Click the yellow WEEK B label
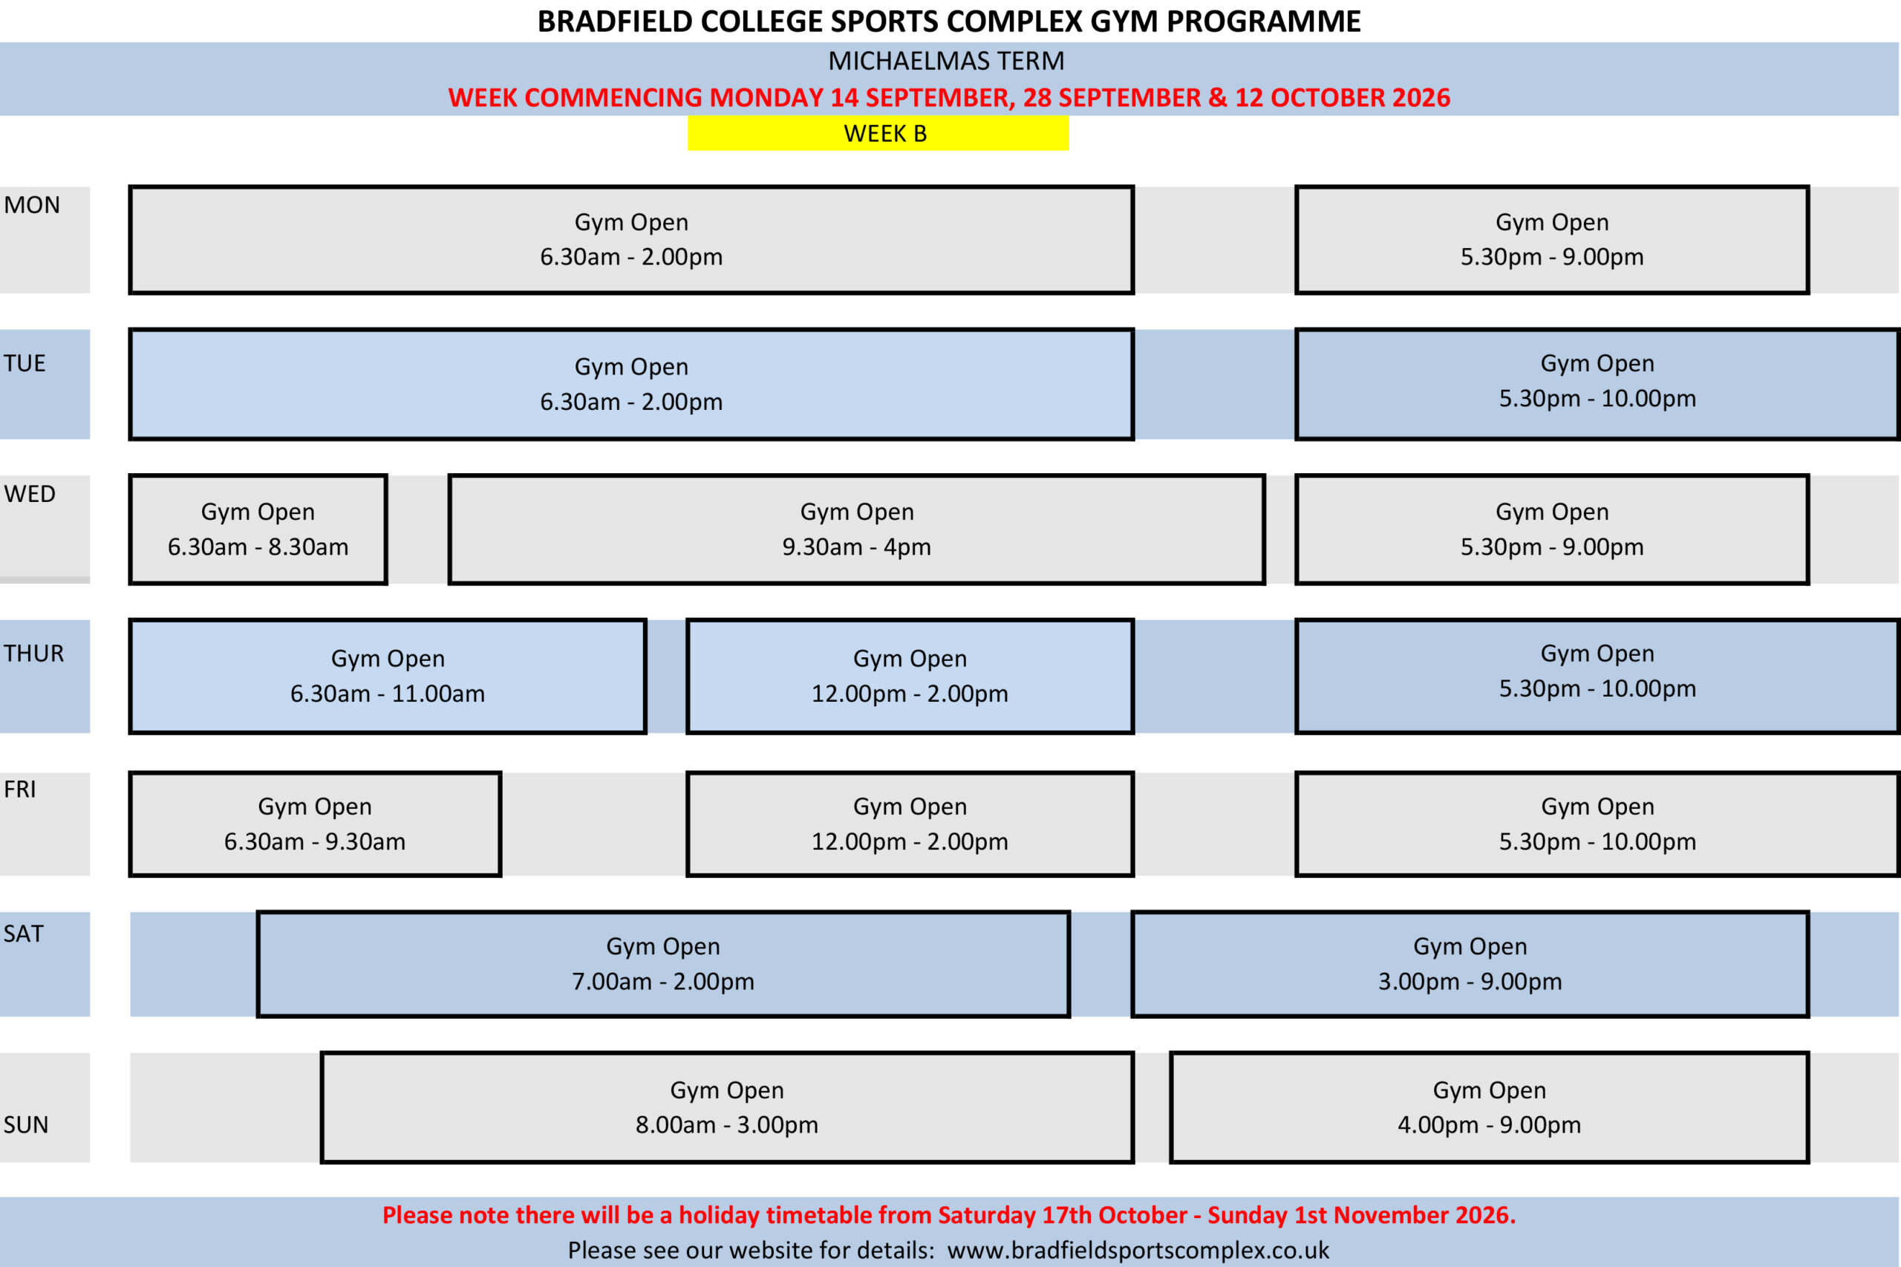coord(878,134)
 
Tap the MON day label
coord(33,205)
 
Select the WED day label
coord(30,494)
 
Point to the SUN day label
coord(26,1125)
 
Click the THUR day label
coord(34,653)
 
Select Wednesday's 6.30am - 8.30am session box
coord(258,530)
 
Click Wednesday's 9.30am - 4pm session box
coord(856,530)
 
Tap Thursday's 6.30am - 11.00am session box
coord(388,677)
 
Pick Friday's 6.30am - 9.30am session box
coord(315,824)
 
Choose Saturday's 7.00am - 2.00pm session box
coord(663,964)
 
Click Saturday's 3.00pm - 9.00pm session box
coord(1470,964)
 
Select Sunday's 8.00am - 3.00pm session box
coord(727,1108)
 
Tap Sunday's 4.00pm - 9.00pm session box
coord(1490,1108)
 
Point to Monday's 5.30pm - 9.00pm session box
coord(1552,240)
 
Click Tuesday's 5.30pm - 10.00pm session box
coord(1597,385)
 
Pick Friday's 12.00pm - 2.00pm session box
coord(910,824)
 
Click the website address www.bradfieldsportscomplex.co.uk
coord(1138,1250)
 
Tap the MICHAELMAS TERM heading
coord(946,62)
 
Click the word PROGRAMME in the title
coord(1264,22)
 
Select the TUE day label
coord(25,364)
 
